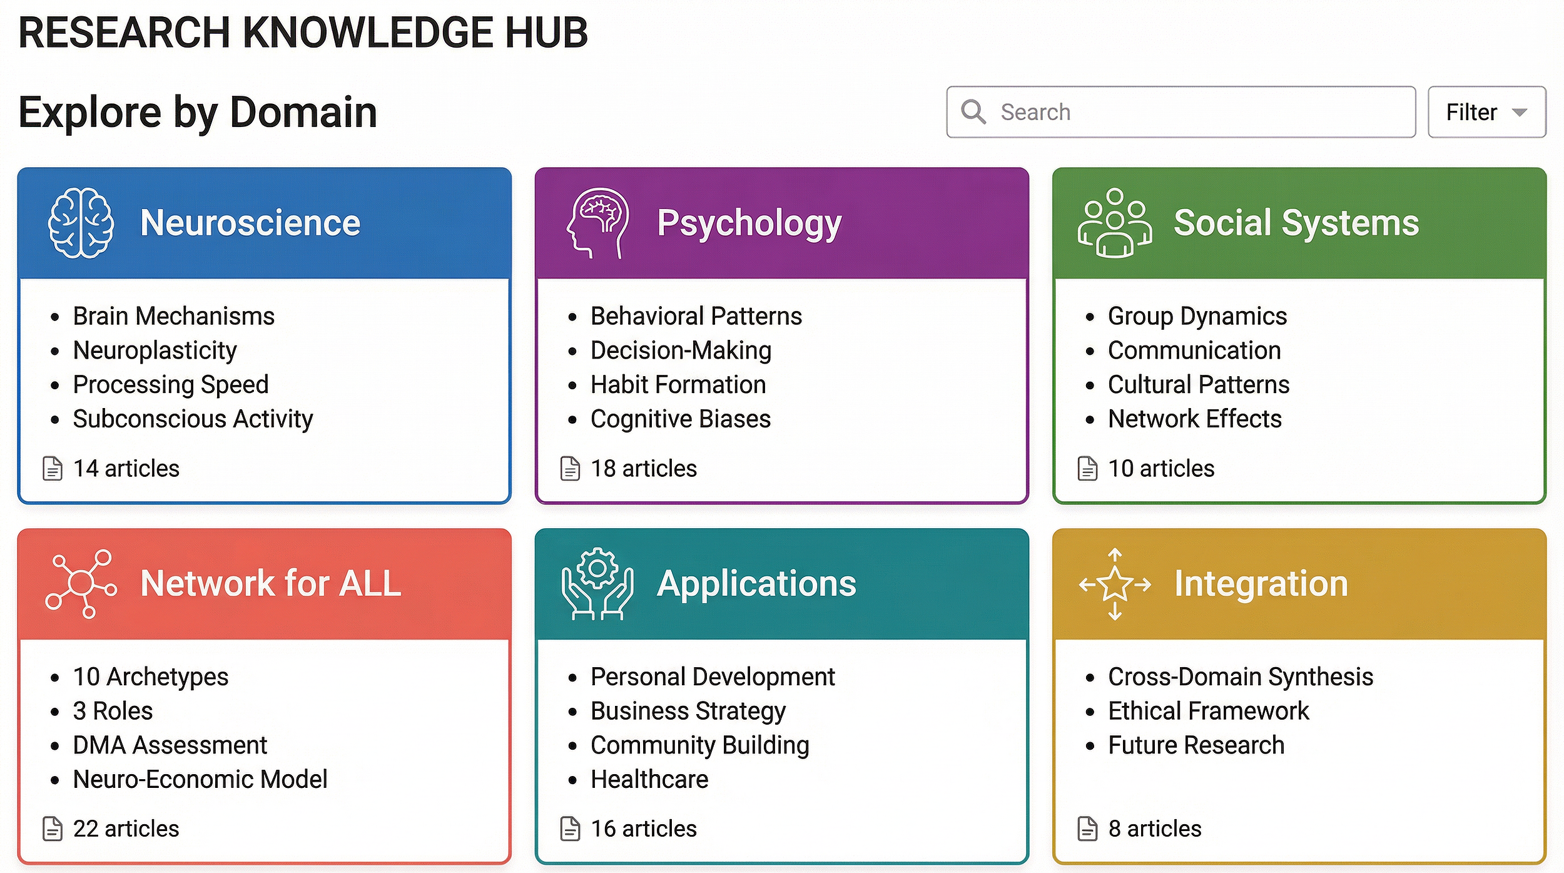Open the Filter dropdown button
(1486, 112)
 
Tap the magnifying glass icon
(973, 112)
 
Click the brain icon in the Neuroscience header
(81, 223)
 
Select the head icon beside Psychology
(597, 223)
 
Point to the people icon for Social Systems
(1115, 223)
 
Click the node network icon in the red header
(81, 584)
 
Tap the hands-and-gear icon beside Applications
(597, 584)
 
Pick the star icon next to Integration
(1115, 584)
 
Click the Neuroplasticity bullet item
(155, 350)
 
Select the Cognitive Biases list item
(680, 419)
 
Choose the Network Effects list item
(1194, 419)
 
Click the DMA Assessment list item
(170, 745)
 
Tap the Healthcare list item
(649, 780)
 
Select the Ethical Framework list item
(1208, 711)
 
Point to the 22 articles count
(126, 829)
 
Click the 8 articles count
(1154, 829)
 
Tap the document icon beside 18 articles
(570, 468)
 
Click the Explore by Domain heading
(198, 113)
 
